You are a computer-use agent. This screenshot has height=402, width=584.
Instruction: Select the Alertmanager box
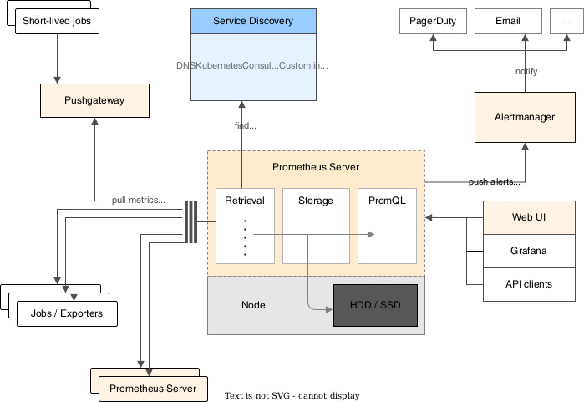[x=525, y=117]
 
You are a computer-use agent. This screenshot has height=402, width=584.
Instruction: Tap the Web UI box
[x=529, y=217]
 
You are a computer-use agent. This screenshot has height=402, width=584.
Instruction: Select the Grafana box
[x=529, y=251]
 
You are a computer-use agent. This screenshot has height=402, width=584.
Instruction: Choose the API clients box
[x=529, y=284]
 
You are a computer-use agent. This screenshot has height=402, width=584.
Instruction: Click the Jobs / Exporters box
[x=67, y=314]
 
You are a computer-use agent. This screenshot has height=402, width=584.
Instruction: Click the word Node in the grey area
[x=252, y=305]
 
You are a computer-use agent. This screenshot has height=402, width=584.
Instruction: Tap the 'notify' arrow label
[x=526, y=71]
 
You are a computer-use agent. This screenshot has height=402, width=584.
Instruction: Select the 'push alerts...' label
[x=494, y=181]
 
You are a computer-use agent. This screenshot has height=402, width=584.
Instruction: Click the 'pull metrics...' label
[x=139, y=201]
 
